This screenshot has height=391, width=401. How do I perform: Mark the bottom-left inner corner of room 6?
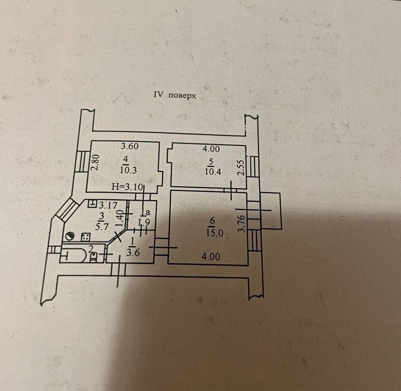point(168,263)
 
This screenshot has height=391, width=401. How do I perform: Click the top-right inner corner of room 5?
point(246,146)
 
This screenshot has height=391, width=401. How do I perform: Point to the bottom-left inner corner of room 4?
point(86,192)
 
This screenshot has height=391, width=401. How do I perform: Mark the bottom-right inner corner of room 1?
point(155,262)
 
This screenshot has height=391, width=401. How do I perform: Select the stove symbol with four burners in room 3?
point(86,237)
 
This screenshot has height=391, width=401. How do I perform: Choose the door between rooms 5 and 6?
point(231,190)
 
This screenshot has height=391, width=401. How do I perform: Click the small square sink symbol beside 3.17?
point(92,203)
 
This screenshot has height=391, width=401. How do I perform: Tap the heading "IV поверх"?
point(175,95)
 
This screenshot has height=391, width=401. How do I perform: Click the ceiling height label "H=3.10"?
point(127,187)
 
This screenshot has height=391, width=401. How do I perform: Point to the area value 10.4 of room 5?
point(213,171)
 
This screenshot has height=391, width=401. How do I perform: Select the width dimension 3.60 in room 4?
point(129,146)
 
